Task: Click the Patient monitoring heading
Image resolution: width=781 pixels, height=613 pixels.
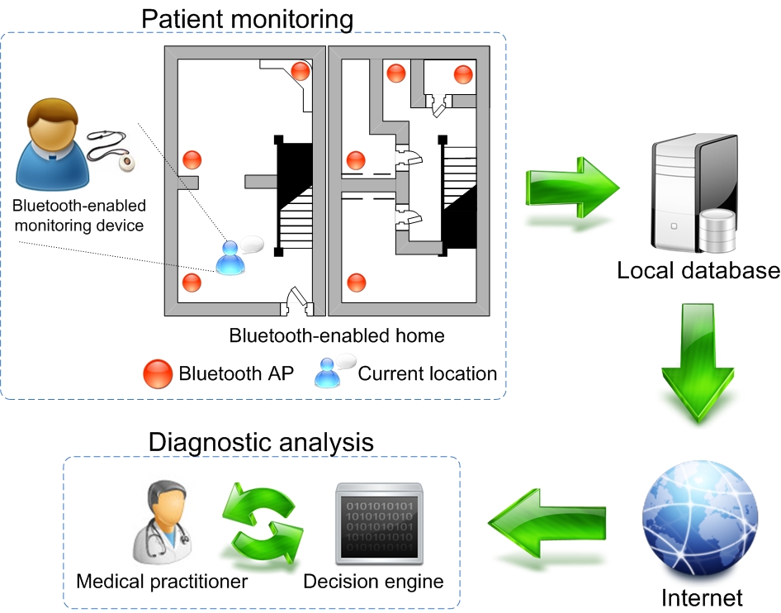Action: [x=248, y=17]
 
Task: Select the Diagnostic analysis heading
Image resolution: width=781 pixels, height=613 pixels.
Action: [x=261, y=441]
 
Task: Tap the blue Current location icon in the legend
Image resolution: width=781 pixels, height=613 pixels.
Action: [x=330, y=373]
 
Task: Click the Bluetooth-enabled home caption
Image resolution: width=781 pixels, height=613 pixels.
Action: [x=337, y=335]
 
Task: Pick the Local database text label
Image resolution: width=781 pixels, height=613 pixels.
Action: [x=698, y=270]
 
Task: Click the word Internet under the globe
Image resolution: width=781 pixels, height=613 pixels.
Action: [x=702, y=596]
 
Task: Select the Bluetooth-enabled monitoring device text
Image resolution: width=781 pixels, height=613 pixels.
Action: [x=79, y=215]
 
